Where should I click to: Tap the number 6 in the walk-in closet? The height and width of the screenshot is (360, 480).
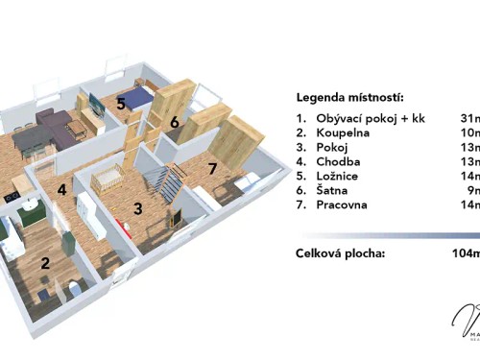coord(175,123)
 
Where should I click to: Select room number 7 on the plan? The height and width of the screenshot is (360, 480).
coord(213,169)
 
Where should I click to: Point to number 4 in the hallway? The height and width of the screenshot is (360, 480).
coord(61,190)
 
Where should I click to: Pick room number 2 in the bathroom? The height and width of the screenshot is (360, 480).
coord(44,262)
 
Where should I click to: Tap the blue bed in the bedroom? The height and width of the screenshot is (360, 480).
coord(137,97)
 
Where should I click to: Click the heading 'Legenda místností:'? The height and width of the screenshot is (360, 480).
coord(349,97)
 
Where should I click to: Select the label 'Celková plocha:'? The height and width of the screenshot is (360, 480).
coord(342,253)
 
